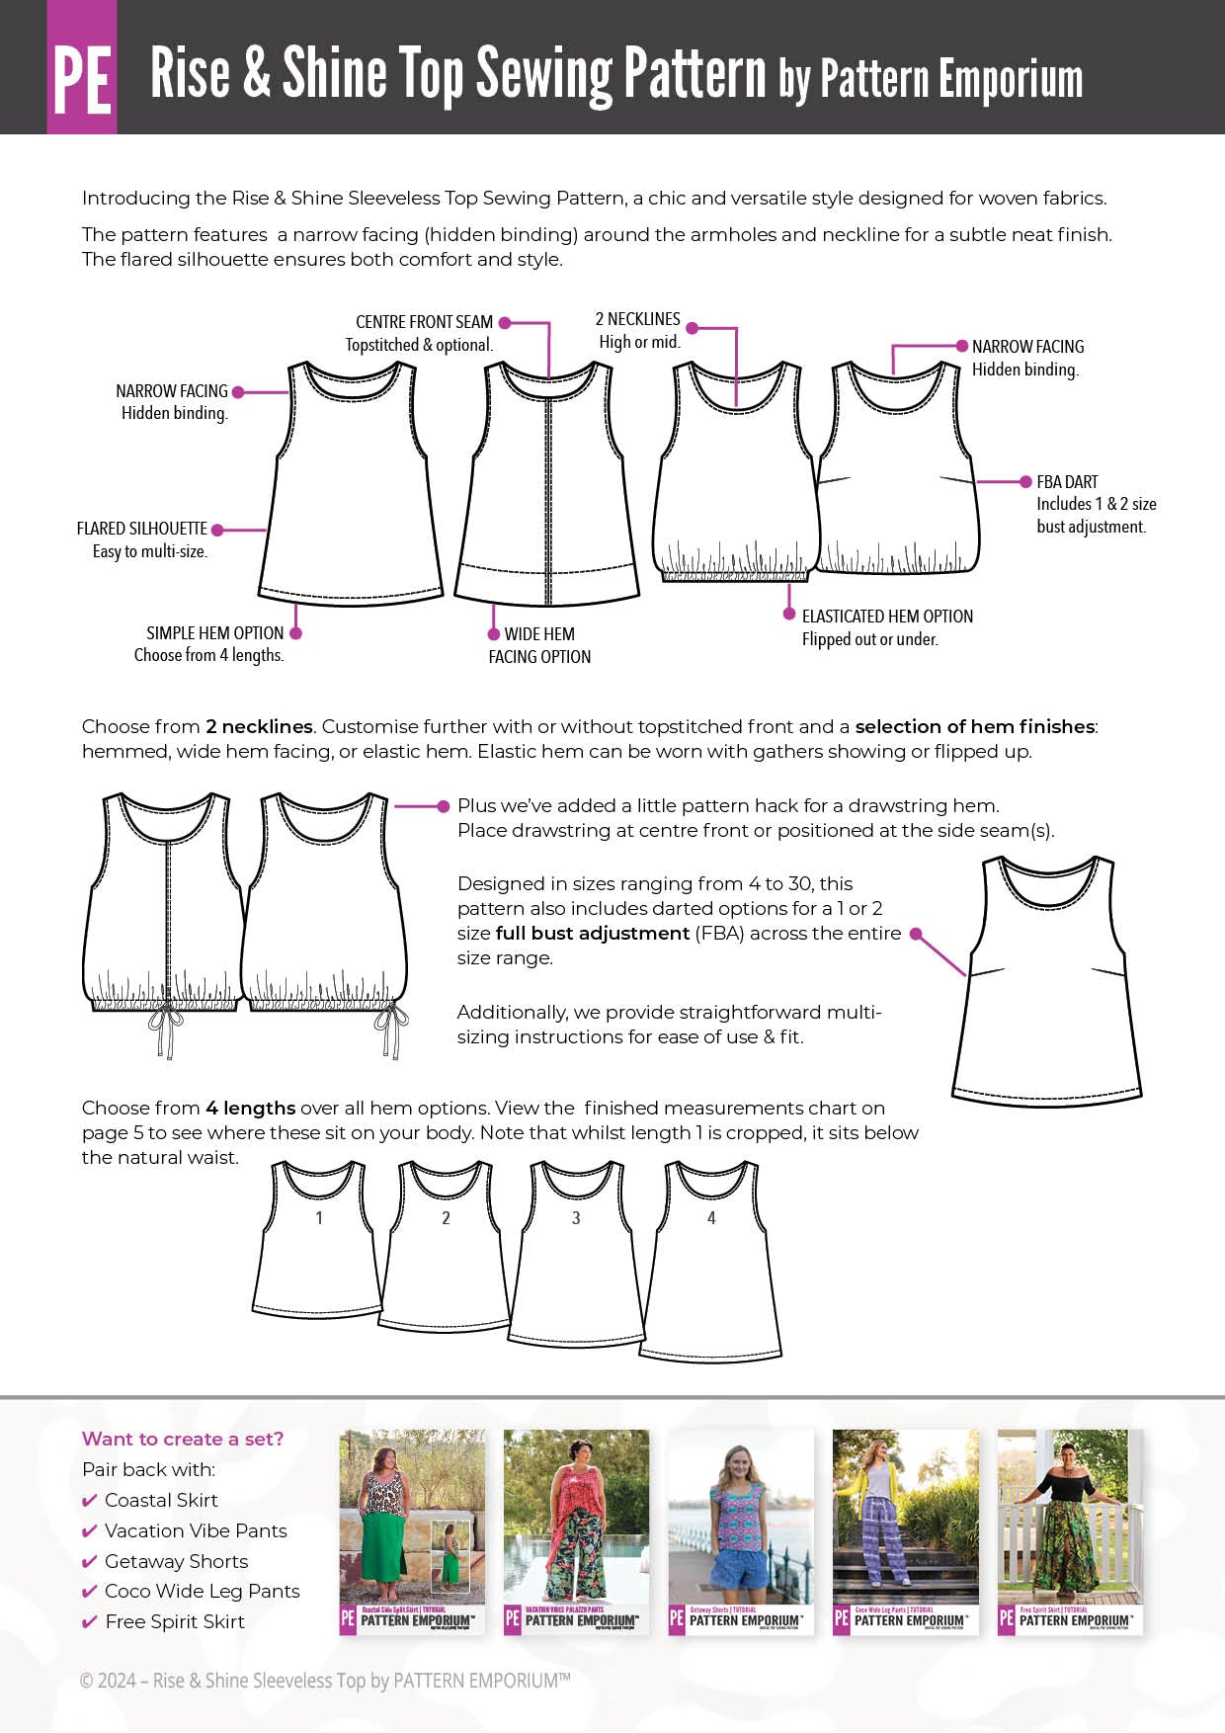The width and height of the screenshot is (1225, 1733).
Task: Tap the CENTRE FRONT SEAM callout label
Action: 424,322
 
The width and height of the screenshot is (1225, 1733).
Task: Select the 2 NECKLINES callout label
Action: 637,319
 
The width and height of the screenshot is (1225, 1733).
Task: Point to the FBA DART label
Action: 1067,482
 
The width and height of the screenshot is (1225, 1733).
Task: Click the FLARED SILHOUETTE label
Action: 142,529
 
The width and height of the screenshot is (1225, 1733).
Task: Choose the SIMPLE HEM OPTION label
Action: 214,633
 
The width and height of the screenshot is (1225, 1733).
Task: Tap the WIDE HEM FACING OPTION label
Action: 539,645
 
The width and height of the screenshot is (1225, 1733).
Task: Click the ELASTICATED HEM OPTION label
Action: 887,617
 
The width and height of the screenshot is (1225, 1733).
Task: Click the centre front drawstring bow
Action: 166,1028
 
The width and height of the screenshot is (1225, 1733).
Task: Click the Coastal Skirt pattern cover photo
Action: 412,1531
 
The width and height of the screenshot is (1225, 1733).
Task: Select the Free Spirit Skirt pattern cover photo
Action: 1070,1531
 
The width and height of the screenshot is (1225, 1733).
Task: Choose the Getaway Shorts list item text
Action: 176,1561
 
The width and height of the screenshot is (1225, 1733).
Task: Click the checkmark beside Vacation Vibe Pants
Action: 90,1531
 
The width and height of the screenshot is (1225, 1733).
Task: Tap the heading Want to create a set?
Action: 183,1439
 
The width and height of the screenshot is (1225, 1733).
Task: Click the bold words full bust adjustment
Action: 592,933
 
